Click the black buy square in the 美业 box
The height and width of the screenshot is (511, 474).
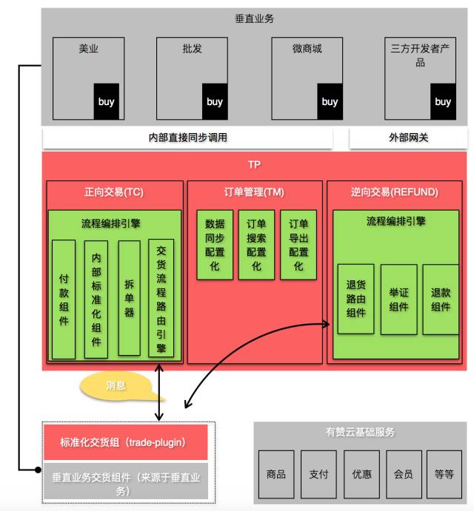tap(106, 101)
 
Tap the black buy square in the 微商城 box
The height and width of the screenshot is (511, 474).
tap(330, 101)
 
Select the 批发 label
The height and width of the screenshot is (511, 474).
tap(192, 50)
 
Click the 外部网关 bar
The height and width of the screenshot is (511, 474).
tap(408, 138)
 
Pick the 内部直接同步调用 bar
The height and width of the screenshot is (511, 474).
tap(187, 138)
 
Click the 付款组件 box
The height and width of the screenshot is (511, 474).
tap(64, 299)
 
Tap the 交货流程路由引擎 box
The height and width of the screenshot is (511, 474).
tap(161, 299)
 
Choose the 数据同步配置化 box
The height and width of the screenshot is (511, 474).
tap(215, 245)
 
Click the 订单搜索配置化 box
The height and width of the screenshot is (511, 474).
tap(256, 245)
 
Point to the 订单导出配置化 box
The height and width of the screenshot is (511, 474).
tap(298, 245)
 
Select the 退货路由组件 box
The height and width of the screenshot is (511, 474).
tap(355, 299)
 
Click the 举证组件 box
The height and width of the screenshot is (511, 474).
tap(398, 299)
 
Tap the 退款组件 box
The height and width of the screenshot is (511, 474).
tap(441, 299)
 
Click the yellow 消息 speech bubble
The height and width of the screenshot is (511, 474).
tap(116, 385)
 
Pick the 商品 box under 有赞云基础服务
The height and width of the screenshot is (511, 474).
tap(276, 474)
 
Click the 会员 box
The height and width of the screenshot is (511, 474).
tap(404, 474)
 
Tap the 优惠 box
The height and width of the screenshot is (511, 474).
tap(361, 474)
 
